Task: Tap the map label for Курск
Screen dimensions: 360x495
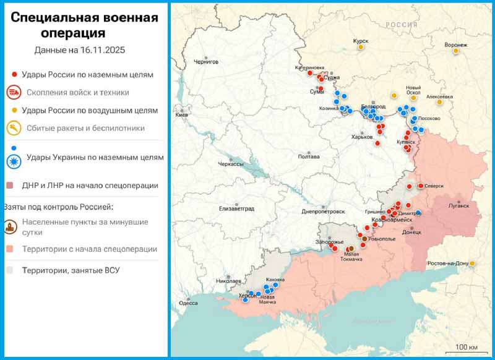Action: [360, 41]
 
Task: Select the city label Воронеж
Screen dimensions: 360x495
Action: [455, 45]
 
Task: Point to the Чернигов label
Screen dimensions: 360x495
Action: [206, 62]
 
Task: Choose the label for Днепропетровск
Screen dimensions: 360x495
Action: [322, 212]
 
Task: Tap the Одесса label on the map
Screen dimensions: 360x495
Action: [188, 303]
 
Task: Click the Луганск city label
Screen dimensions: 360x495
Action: [458, 204]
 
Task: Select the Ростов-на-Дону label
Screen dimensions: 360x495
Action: [447, 264]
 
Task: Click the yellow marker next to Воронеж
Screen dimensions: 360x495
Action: [456, 51]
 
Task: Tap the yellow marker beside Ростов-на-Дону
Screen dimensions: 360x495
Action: [472, 264]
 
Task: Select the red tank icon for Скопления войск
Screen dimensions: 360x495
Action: [13, 93]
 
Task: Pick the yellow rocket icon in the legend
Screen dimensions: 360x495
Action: [13, 128]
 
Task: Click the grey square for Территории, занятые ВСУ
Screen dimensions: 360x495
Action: [11, 270]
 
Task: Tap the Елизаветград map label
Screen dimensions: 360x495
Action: [236, 208]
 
